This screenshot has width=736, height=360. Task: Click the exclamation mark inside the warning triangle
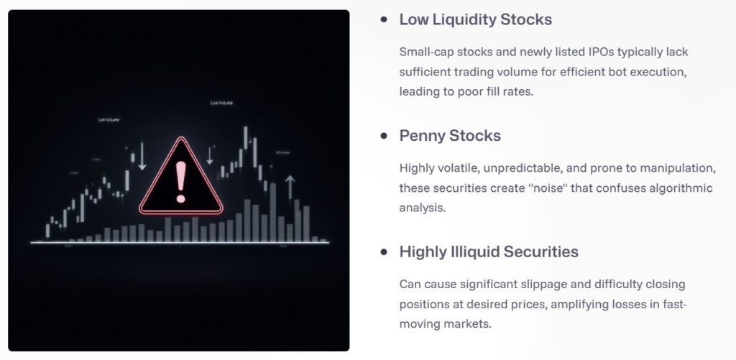180,181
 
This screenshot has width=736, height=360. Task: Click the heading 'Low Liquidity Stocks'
476,19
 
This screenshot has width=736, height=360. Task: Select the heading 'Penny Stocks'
450,135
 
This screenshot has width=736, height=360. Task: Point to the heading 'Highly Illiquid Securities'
489,251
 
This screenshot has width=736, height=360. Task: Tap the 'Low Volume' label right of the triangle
221,103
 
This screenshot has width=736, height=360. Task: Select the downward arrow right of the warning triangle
211,154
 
